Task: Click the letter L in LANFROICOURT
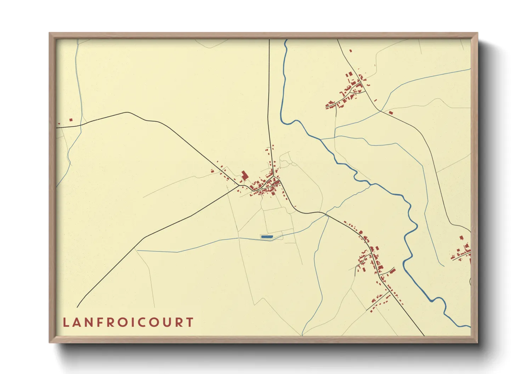pyautogui.click(x=65, y=322)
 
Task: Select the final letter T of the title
pyautogui.click(x=190, y=322)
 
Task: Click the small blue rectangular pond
pyautogui.click(x=267, y=236)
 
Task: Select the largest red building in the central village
pyautogui.click(x=244, y=175)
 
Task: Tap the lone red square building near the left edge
pyautogui.click(x=71, y=120)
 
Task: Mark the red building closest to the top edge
pyautogui.click(x=351, y=51)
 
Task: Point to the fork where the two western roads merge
pyautogui.click(x=241, y=185)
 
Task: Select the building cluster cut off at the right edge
pyautogui.click(x=462, y=252)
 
